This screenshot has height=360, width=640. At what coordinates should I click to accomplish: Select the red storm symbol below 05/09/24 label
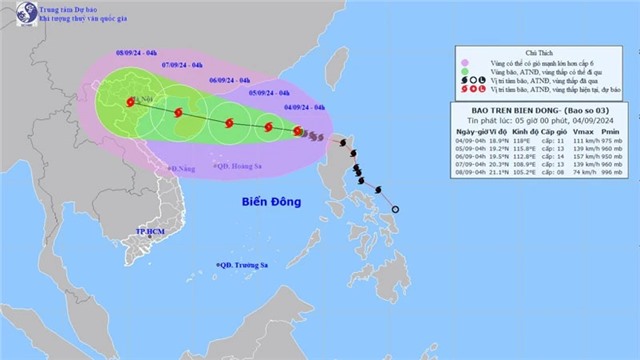(268, 127)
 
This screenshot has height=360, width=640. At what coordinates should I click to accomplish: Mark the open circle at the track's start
(394, 209)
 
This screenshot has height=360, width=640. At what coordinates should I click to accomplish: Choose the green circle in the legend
(463, 73)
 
